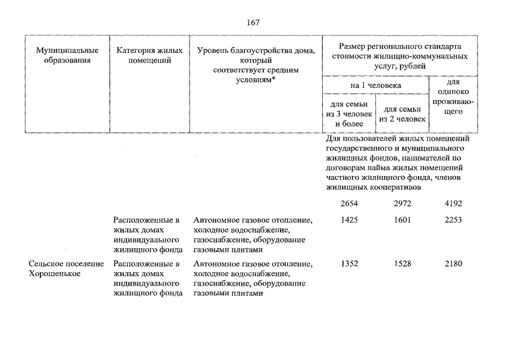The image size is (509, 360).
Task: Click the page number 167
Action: (x=253, y=22)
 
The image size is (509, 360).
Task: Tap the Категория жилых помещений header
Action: (x=150, y=55)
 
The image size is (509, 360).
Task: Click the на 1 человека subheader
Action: (x=376, y=85)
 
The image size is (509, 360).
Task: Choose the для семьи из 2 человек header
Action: (x=403, y=114)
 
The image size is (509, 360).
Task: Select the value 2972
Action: (x=403, y=203)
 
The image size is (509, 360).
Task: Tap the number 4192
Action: (x=453, y=203)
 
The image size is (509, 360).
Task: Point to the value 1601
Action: (x=403, y=219)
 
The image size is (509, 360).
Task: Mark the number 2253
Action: (x=453, y=219)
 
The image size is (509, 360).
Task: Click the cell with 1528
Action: (x=403, y=264)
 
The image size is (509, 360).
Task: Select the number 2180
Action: (x=453, y=264)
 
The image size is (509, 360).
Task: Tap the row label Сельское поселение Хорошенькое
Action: (x=66, y=269)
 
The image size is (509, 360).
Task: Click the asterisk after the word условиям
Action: (x=273, y=79)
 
